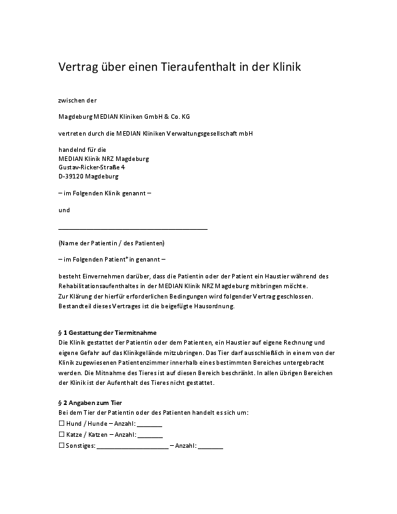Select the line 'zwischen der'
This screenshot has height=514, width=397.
[x=77, y=101]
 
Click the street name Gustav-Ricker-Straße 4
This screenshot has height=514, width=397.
[x=91, y=167]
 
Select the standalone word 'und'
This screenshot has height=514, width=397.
[x=64, y=210]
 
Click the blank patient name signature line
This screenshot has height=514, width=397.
[x=133, y=228]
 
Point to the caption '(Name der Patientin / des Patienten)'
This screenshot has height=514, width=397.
[x=111, y=243]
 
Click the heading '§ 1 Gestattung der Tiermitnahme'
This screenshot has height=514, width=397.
[x=107, y=333]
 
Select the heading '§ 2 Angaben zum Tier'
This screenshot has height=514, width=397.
[x=90, y=403]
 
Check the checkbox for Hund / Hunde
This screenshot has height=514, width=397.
[x=62, y=422]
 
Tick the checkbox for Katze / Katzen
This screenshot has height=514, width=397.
[x=62, y=434]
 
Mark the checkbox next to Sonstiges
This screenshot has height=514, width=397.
[x=62, y=446]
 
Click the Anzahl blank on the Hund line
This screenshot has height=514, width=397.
[x=150, y=425]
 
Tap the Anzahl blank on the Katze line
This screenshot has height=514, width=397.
[x=150, y=437]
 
